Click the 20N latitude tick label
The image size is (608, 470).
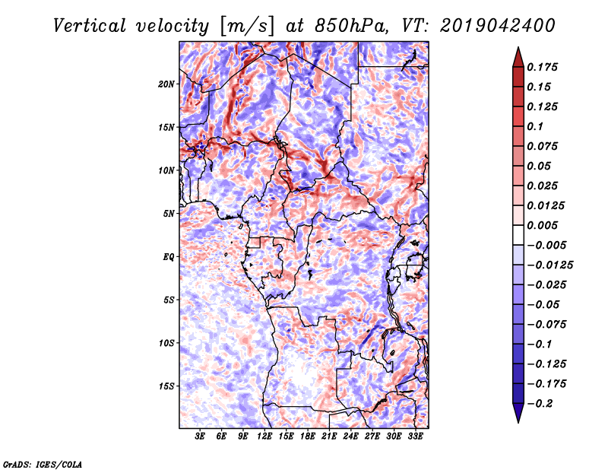166,84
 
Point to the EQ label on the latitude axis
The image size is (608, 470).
169,257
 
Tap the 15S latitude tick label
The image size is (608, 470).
166,386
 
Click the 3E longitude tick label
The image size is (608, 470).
201,437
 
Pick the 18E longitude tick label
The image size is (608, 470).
308,437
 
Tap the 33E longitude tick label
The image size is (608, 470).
415,437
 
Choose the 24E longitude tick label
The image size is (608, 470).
351,437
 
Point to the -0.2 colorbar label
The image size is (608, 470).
540,403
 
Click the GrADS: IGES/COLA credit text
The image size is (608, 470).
42,462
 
